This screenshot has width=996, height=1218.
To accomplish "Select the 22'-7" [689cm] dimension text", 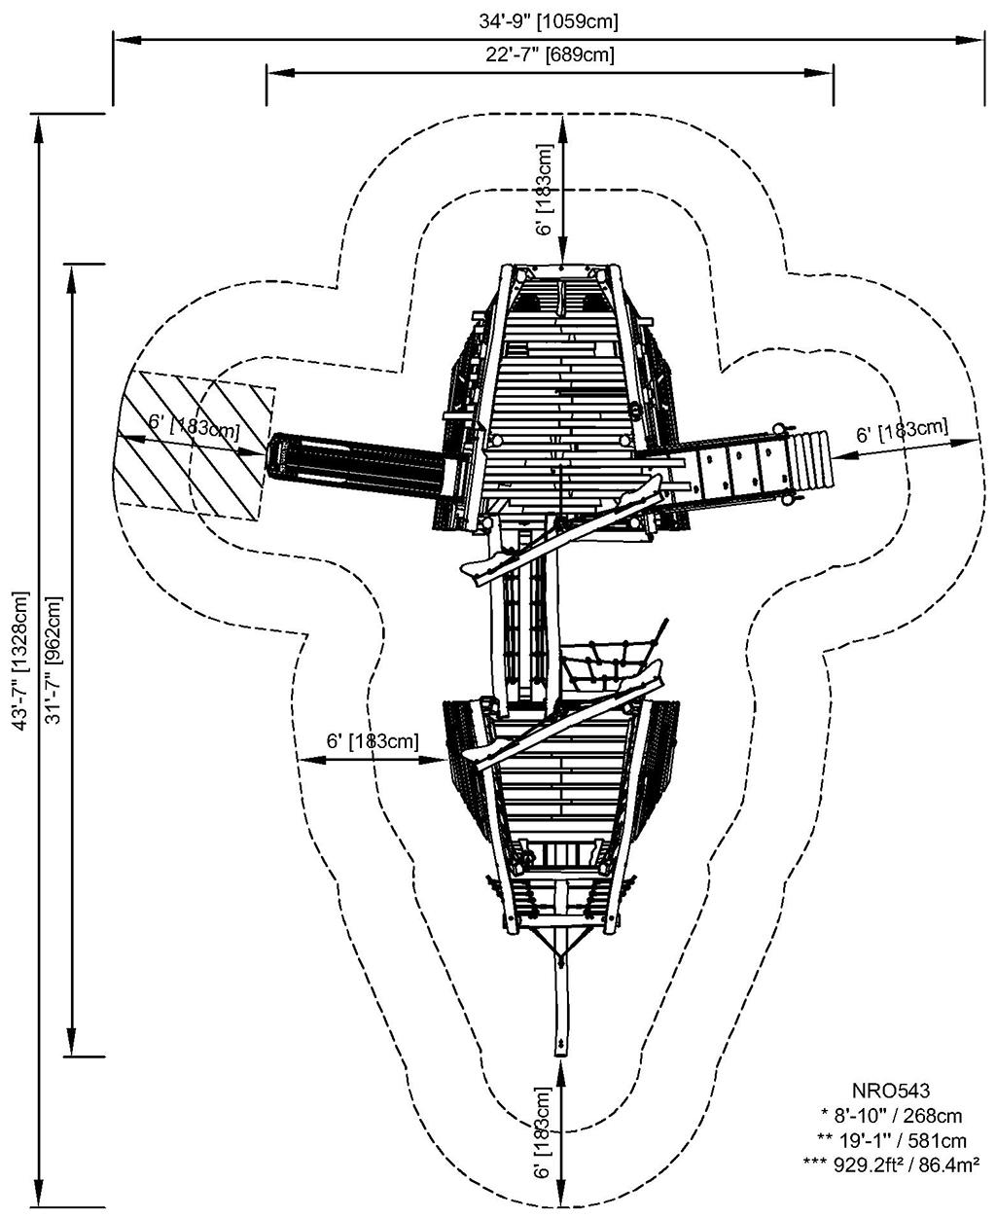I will click(x=550, y=55).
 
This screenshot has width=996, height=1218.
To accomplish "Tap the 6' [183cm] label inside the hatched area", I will click(x=193, y=424).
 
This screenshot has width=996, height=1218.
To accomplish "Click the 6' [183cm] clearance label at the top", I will click(x=546, y=190).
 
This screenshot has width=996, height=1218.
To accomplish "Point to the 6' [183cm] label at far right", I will click(x=902, y=431).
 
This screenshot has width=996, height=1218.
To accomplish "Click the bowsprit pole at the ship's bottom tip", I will click(x=561, y=1002).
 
